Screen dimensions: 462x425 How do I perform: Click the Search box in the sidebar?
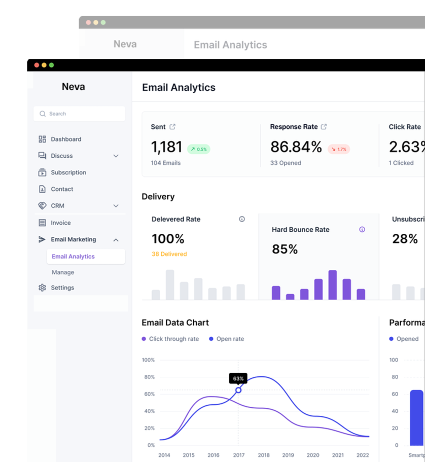79,114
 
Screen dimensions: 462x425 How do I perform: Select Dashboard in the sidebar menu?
65,139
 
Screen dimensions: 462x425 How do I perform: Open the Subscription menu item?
68,172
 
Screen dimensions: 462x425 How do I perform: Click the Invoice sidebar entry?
60,223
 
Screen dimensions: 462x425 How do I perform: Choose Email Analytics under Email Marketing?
73,257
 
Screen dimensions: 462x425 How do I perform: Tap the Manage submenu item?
63,272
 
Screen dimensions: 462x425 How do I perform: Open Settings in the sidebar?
62,288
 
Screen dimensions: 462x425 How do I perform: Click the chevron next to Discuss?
116,156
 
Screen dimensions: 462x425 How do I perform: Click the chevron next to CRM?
116,206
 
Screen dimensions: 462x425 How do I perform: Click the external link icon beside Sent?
172,127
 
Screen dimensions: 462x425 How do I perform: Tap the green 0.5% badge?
198,149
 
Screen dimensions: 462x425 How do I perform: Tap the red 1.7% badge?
338,149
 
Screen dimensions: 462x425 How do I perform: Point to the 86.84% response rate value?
296,147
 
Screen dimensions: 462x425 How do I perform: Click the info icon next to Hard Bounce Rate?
362,229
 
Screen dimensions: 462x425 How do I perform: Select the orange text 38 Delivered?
169,254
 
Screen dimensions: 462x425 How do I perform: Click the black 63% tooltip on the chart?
238,378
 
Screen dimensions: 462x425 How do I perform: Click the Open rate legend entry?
227,339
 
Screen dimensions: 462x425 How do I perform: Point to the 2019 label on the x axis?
288,455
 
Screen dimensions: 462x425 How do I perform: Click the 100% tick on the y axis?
148,360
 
